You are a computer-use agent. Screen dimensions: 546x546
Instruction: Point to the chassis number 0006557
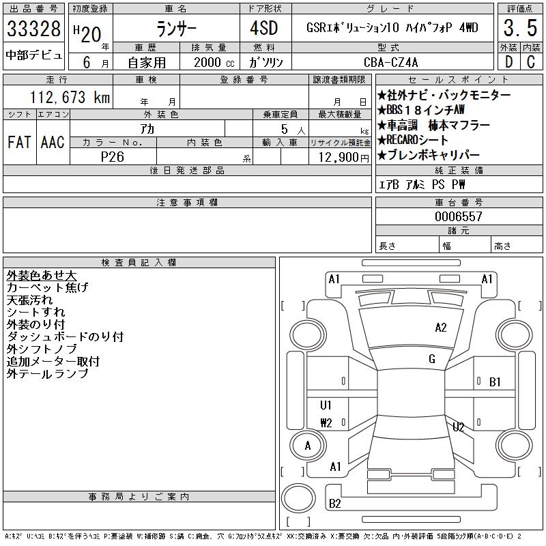(x=459, y=216)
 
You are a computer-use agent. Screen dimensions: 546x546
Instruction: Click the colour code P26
(x=113, y=156)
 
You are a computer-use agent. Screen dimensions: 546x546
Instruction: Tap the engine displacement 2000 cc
(x=214, y=62)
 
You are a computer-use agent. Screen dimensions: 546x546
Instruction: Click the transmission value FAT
(x=19, y=142)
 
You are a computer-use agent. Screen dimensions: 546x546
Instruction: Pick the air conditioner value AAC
(x=52, y=142)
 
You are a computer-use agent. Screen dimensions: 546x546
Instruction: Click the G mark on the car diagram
(x=432, y=359)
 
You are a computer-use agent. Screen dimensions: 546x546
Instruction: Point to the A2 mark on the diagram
(x=441, y=328)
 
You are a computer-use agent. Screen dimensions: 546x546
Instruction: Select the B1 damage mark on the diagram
(x=495, y=382)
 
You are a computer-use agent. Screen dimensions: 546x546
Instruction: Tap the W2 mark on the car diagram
(x=326, y=423)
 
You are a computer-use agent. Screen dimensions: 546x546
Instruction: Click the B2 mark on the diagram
(x=335, y=504)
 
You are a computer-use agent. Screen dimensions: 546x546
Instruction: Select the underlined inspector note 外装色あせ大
(x=41, y=276)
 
